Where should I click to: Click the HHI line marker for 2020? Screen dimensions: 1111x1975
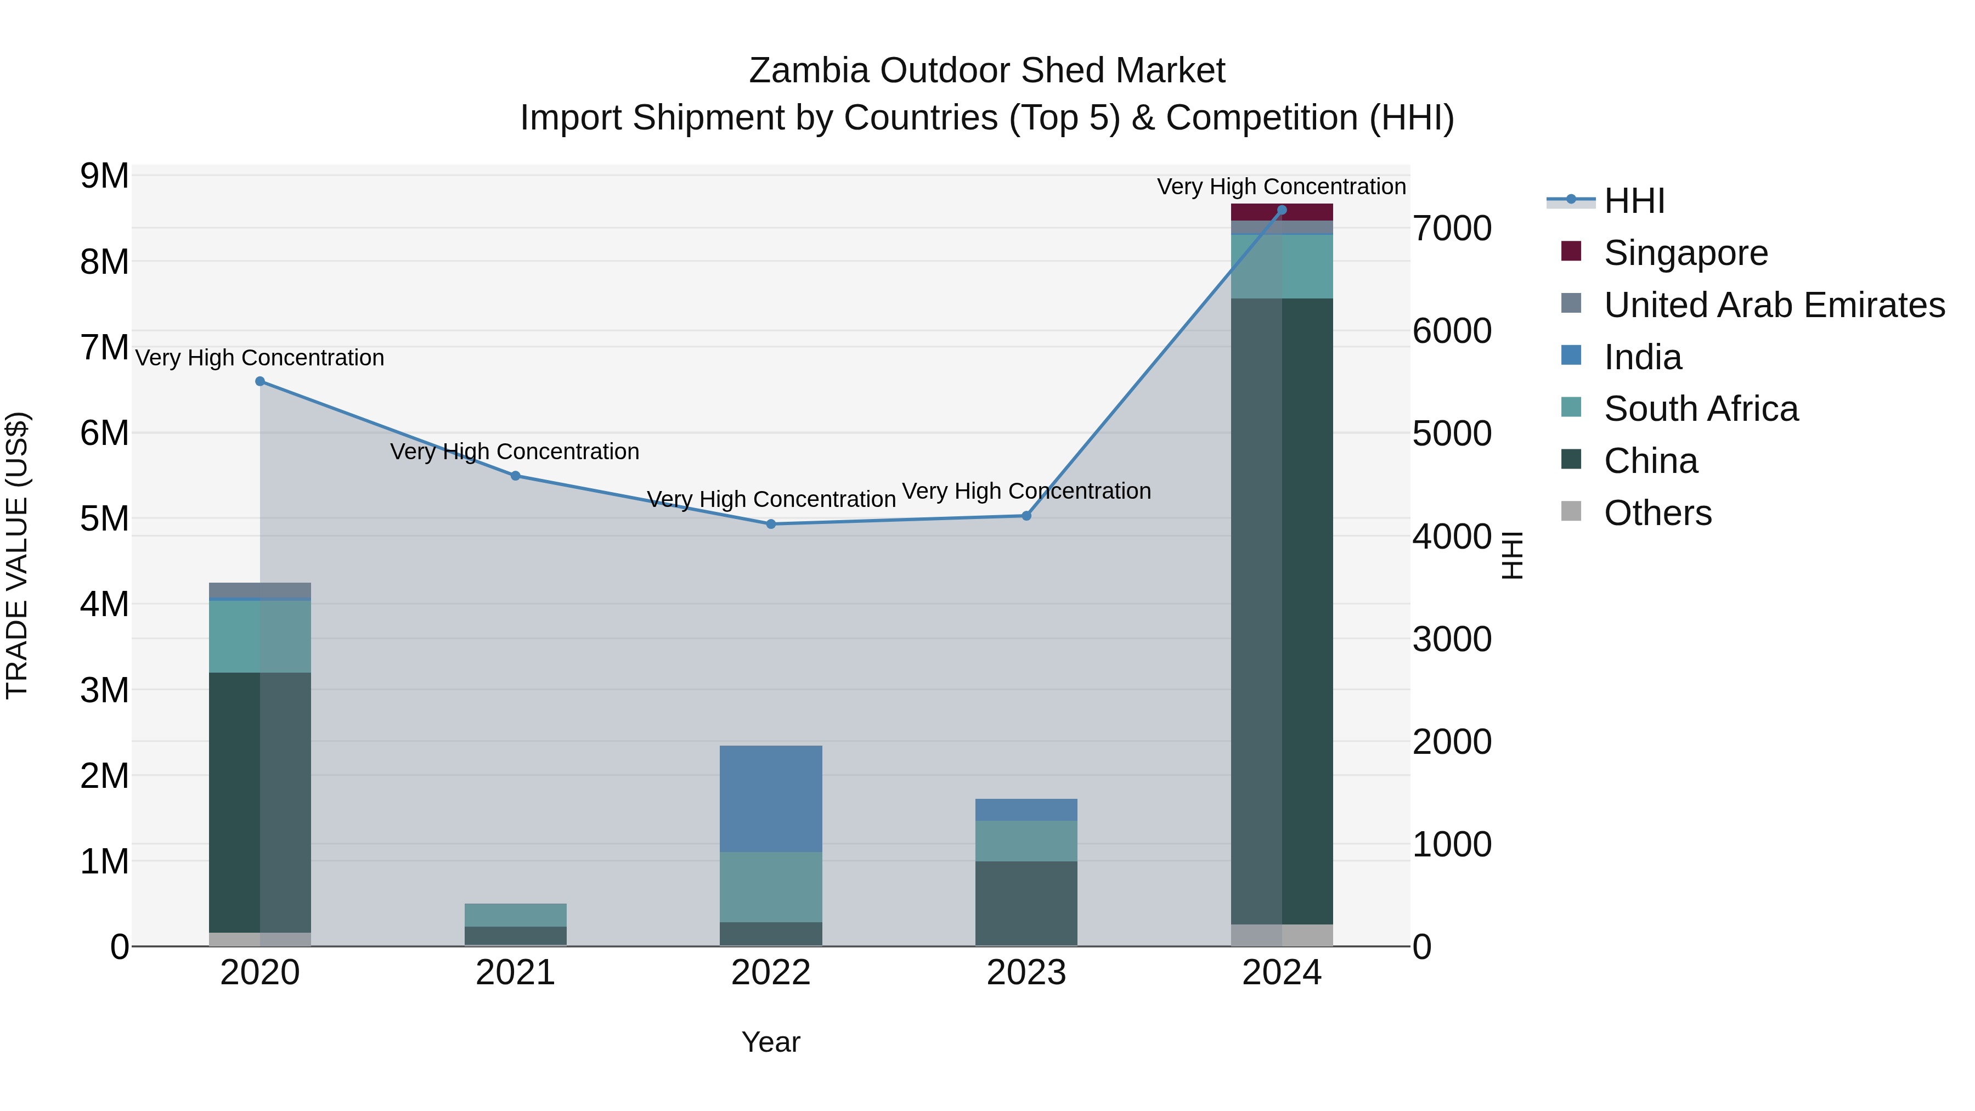pos(260,381)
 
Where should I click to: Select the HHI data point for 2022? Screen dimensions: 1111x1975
pos(771,524)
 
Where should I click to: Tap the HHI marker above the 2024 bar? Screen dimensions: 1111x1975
pos(1282,210)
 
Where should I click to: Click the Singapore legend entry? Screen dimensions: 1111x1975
pos(1685,253)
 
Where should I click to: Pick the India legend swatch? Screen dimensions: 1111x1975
pos(1571,356)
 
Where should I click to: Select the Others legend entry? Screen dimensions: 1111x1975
pos(1657,513)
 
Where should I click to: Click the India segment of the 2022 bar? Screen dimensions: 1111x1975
pos(771,798)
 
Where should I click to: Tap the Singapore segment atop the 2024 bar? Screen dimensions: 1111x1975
pos(1282,212)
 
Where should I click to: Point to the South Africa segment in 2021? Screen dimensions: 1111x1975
pos(515,915)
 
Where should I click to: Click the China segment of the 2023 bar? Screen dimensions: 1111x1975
pos(1026,903)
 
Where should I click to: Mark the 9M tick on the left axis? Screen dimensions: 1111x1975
pos(105,176)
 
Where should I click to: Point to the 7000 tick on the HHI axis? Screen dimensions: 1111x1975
pos(1451,228)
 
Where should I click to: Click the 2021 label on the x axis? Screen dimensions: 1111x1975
pos(515,973)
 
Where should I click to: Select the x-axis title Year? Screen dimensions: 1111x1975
pos(771,1042)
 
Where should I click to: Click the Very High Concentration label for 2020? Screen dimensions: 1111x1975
pos(260,358)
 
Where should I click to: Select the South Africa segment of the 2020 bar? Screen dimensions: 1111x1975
pos(260,636)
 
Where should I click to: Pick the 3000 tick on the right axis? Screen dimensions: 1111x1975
pos(1451,640)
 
